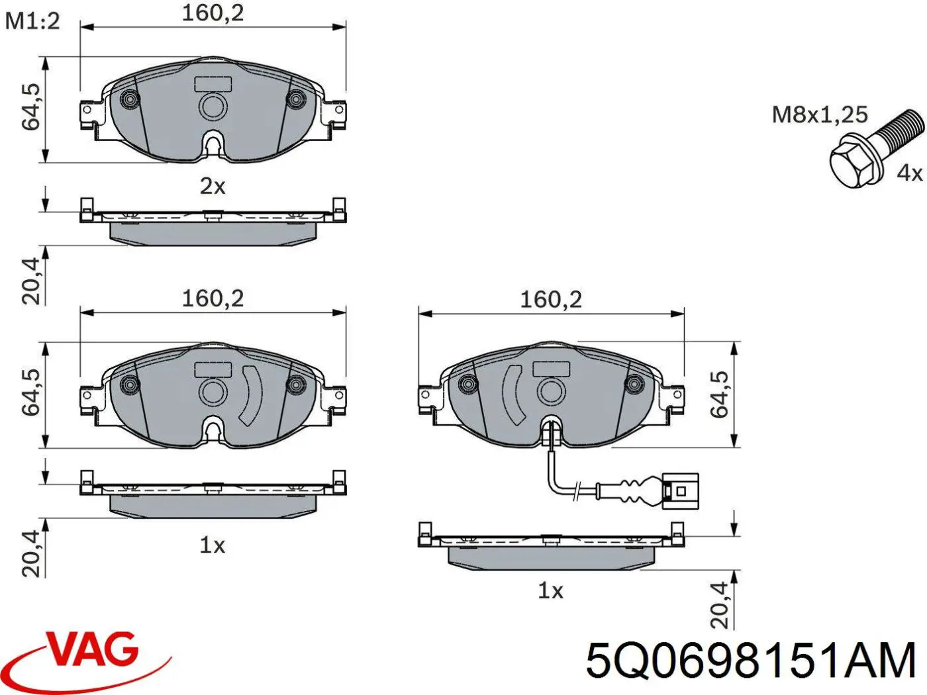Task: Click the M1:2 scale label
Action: pos(32,22)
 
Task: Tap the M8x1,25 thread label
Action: pos(820,115)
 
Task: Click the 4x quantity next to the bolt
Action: pos(909,173)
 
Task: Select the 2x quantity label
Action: pos(213,186)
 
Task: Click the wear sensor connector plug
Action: pos(681,490)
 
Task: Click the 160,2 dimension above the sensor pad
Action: pos(551,300)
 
